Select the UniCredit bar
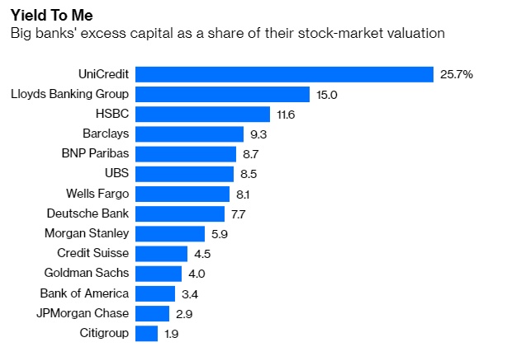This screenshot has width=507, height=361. (x=284, y=74)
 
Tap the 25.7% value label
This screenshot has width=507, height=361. (x=457, y=74)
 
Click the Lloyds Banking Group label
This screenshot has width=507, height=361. (x=69, y=94)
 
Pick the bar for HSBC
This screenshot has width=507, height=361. (x=202, y=114)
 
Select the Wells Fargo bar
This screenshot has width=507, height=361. (x=182, y=194)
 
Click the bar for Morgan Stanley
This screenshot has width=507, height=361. (x=169, y=233)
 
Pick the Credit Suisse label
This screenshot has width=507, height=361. (x=93, y=253)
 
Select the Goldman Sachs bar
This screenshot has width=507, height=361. (x=158, y=273)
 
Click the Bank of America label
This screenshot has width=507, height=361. (x=84, y=293)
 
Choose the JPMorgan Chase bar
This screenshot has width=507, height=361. (x=152, y=313)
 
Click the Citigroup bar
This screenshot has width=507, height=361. (x=146, y=333)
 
